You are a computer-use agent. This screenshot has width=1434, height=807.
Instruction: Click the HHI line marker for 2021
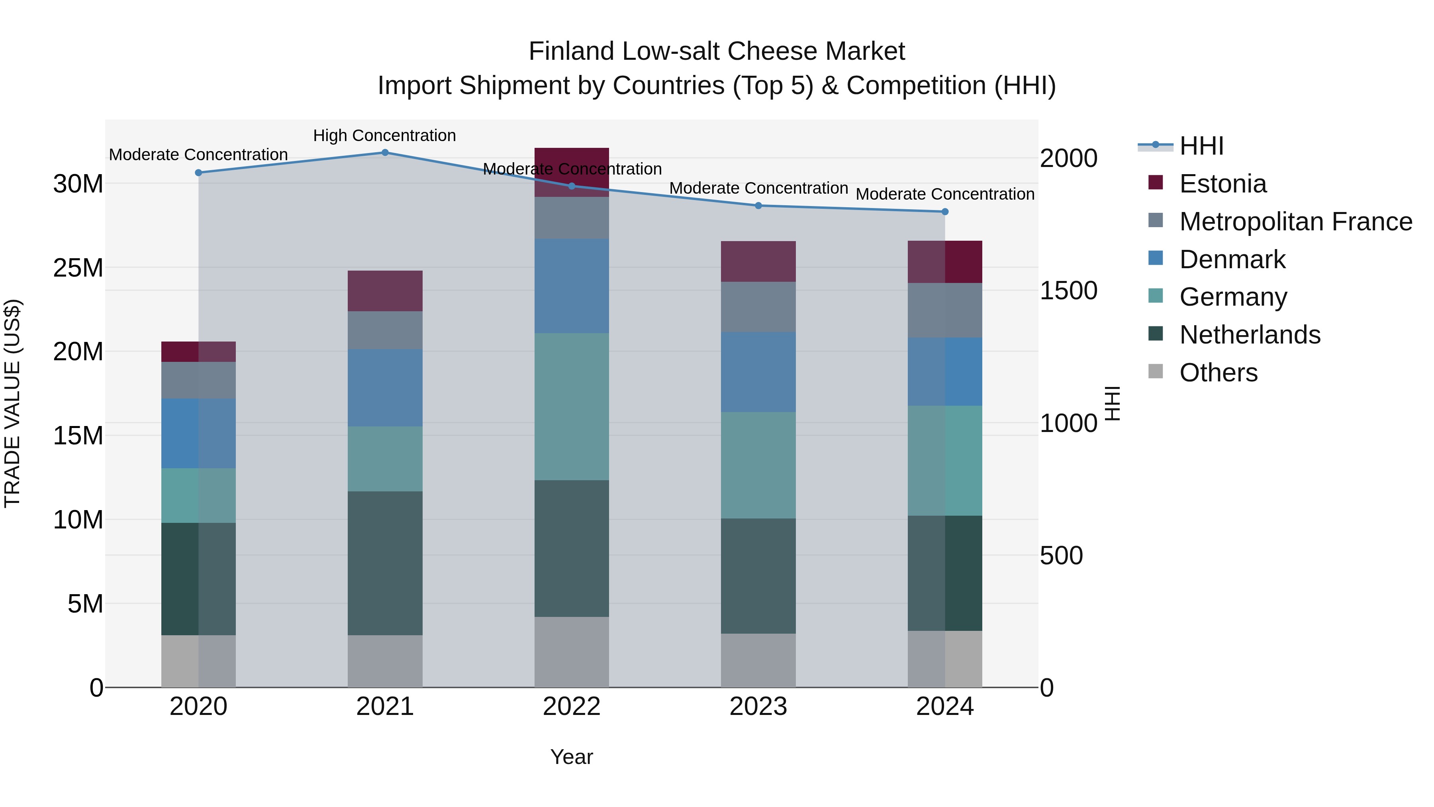click(x=385, y=153)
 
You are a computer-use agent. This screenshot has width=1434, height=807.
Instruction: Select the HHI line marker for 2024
click(x=945, y=212)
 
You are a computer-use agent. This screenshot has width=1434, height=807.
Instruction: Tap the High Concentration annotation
click(x=384, y=135)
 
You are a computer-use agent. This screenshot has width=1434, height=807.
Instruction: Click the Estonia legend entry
click(x=1222, y=184)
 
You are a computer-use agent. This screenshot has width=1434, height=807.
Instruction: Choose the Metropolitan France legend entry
click(x=1295, y=222)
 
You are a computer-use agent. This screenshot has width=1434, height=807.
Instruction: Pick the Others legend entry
click(x=1218, y=373)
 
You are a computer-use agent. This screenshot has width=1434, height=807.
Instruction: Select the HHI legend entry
click(x=1201, y=146)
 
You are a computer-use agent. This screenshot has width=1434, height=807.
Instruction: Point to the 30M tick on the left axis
click(x=78, y=184)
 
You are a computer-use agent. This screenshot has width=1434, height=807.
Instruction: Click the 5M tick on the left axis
click(x=85, y=604)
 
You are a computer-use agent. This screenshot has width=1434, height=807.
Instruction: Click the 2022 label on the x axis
click(x=571, y=707)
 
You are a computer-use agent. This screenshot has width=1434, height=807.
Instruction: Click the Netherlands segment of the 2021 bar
click(x=385, y=562)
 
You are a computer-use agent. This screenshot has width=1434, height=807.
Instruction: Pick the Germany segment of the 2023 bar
click(x=758, y=465)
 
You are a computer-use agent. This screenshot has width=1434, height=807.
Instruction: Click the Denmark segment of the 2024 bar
click(x=945, y=371)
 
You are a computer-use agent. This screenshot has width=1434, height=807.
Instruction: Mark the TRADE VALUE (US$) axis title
click(x=12, y=403)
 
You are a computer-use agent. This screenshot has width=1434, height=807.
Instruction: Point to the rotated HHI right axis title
click(x=1112, y=403)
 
